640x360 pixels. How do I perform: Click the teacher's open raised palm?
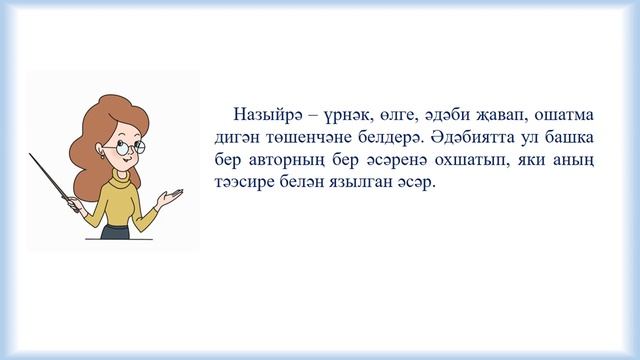[180, 189]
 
